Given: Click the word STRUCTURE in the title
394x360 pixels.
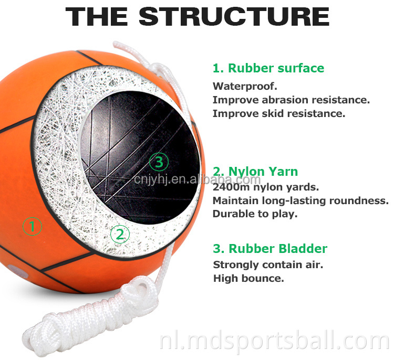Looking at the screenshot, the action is [234, 17].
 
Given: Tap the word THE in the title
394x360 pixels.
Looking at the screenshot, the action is [97, 17].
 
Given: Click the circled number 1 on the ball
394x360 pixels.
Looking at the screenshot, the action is [32, 226].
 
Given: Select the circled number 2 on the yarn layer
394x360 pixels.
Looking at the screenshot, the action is [120, 234].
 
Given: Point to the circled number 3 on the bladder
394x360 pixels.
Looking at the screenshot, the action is [159, 162].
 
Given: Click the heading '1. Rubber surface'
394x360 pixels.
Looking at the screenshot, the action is [268, 68].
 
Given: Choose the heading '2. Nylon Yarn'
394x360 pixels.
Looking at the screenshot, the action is [255, 172].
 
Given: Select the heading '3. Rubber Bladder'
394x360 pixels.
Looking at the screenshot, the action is [270, 249].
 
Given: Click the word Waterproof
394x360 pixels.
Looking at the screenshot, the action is [245, 87].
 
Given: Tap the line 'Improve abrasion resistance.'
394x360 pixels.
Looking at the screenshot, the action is [291, 100].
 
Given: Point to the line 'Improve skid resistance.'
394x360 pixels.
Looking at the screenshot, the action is [279, 113].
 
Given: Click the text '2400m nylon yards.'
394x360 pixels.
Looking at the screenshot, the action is [266, 187].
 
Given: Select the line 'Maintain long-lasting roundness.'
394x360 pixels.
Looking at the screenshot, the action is [301, 200].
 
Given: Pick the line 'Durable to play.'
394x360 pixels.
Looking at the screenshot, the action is [255, 214].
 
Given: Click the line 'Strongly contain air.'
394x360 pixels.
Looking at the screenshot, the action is [268, 265].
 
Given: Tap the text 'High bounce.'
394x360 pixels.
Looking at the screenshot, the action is [248, 278].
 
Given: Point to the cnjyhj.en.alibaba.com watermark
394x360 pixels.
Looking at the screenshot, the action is [197, 179].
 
